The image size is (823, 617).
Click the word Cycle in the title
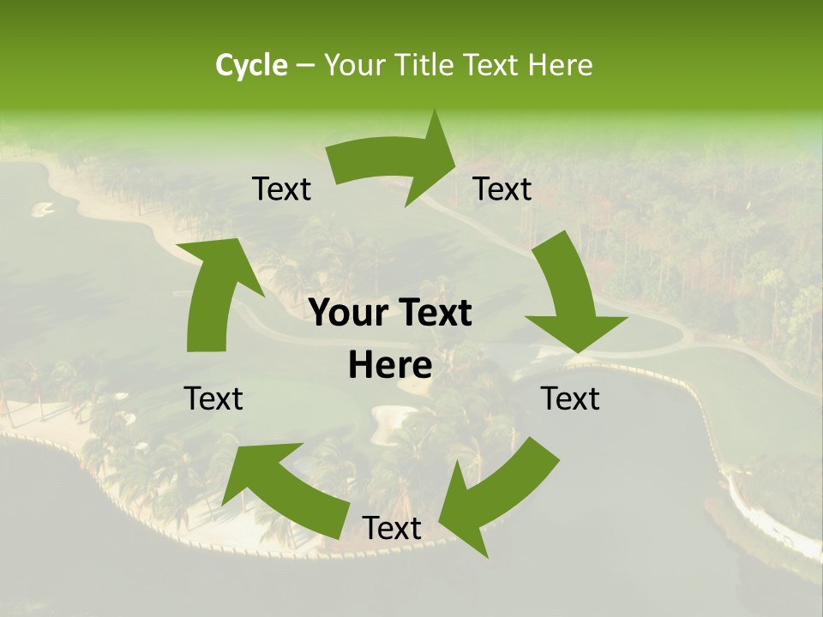point(251,65)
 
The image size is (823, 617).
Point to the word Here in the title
point(561,65)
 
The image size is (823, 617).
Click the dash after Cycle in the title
point(305,66)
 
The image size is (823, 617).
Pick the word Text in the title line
point(494,65)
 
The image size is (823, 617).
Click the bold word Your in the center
point(349,314)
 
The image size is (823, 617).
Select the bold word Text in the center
point(435,314)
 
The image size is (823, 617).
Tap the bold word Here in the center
point(390,366)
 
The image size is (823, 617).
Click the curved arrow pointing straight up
point(214,291)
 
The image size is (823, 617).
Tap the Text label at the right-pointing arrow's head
point(502,189)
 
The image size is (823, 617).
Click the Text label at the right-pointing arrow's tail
point(281,189)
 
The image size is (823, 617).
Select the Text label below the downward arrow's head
point(570,398)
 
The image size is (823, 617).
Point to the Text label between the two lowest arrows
point(392,529)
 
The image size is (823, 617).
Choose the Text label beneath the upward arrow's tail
point(214,398)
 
